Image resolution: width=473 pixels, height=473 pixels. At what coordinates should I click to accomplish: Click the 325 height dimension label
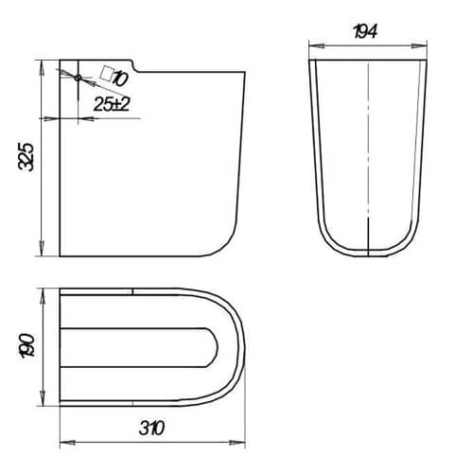pos(26,157)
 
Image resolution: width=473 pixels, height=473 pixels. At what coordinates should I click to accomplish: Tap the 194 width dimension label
pos(365,32)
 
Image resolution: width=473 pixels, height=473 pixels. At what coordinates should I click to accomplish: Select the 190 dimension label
pos(26,346)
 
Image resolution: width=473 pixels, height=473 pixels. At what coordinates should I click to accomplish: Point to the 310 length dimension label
pos(151,428)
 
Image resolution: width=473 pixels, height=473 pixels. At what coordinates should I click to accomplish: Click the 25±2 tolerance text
pos(112,104)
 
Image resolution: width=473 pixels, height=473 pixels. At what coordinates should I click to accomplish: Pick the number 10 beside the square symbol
pos(120,79)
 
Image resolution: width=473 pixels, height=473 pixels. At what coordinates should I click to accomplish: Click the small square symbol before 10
pos(107,74)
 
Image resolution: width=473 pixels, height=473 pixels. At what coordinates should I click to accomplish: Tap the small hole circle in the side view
pos(79,78)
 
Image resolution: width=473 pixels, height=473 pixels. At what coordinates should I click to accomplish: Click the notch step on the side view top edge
pos(135,66)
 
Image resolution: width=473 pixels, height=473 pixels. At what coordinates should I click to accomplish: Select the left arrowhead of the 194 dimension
pos(317,46)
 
